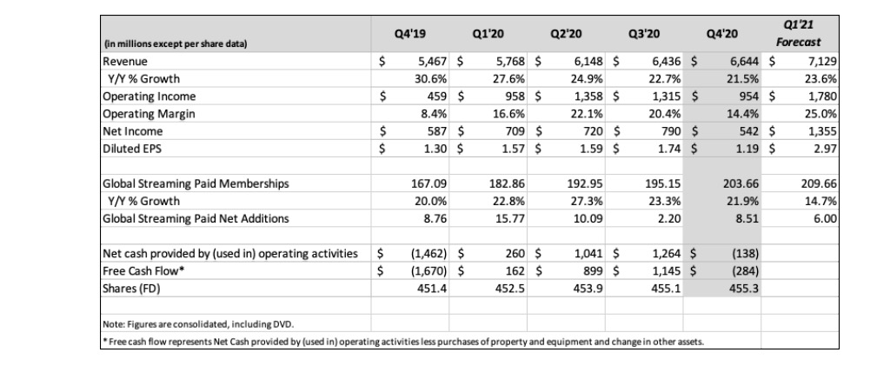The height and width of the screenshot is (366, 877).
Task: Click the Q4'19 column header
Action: click(x=409, y=35)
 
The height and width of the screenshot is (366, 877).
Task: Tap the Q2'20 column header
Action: click(x=565, y=35)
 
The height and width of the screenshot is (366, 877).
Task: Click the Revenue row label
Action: click(x=125, y=62)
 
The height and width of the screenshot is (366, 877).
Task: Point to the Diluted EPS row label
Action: click(x=131, y=149)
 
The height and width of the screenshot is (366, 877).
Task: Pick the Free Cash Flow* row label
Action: click(x=139, y=270)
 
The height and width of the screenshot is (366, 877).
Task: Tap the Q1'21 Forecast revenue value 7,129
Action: click(x=822, y=62)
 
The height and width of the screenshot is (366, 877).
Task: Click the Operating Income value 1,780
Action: click(x=822, y=96)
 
